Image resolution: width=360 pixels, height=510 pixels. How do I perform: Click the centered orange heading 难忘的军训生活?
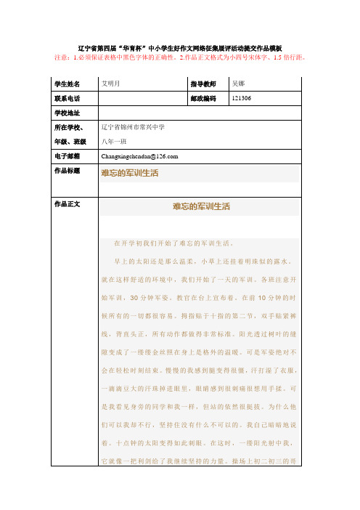click(x=201, y=208)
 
